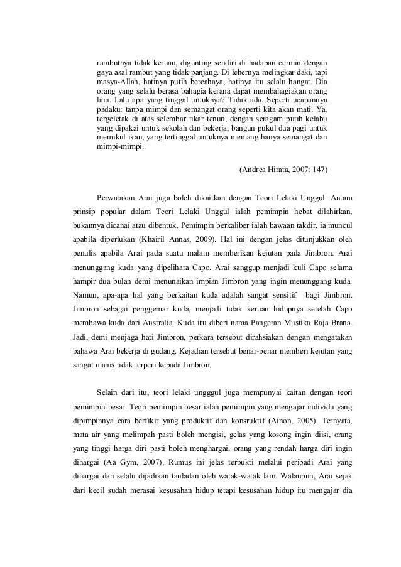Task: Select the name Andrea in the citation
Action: click(256, 170)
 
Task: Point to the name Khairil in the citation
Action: click(182, 241)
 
